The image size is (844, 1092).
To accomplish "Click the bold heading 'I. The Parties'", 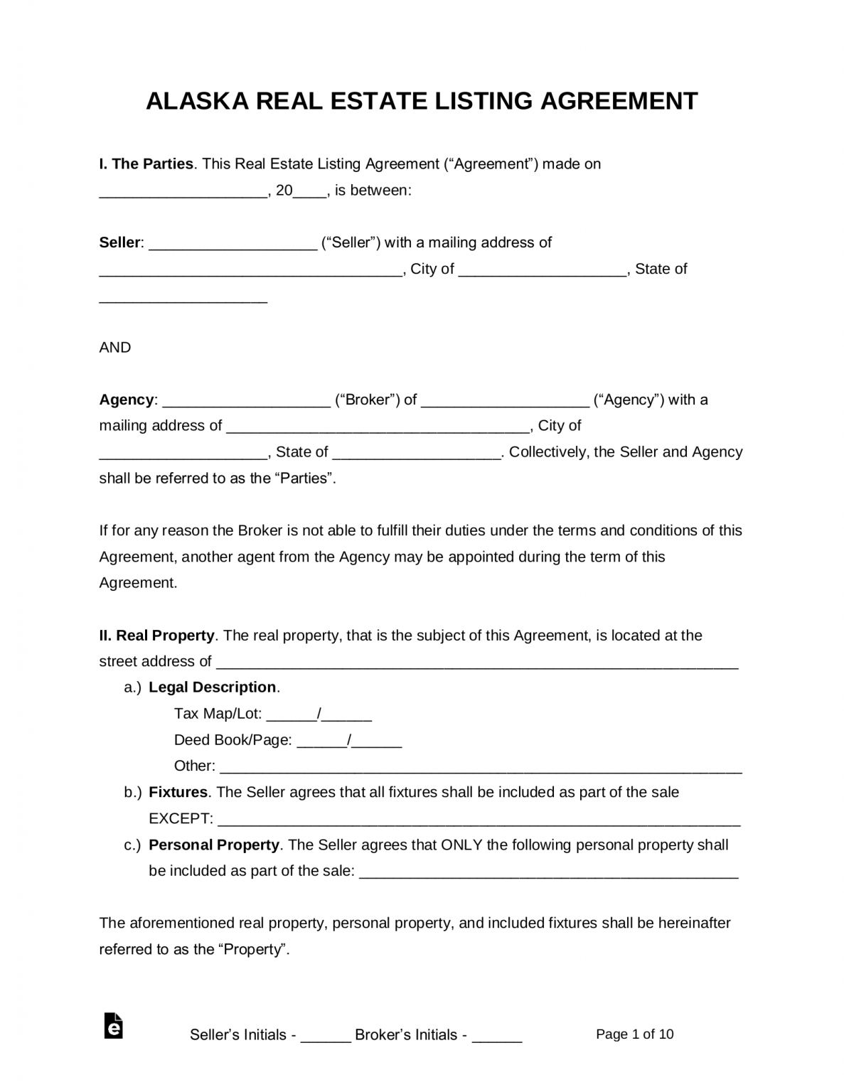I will (146, 164).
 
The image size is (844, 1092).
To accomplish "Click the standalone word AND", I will (115, 348).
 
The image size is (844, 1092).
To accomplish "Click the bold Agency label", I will (127, 400).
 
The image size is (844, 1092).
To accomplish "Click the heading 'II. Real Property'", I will (156, 636).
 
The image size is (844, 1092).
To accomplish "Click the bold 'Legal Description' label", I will (212, 687).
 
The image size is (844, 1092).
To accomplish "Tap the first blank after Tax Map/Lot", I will (292, 715).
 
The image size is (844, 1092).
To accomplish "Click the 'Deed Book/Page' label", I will (233, 740).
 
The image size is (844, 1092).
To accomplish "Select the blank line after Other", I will (481, 768).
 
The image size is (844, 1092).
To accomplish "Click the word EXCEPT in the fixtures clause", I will (180, 819).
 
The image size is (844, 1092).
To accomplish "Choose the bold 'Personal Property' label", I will (213, 845).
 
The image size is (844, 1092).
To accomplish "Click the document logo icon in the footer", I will (113, 1026).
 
